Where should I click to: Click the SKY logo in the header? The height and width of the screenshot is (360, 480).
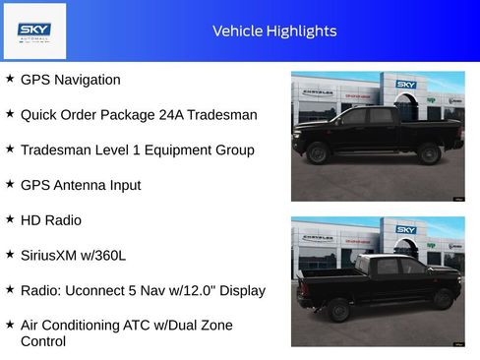click(x=34, y=30)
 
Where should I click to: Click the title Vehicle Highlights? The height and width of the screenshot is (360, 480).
click(x=274, y=30)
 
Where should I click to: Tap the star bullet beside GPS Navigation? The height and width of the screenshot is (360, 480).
click(x=10, y=78)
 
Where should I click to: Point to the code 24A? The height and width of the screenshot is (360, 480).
click(x=173, y=114)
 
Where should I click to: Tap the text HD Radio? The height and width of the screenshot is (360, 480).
click(x=50, y=220)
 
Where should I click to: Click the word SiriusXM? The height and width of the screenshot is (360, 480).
click(x=54, y=255)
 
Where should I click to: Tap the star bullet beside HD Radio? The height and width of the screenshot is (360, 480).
click(x=10, y=219)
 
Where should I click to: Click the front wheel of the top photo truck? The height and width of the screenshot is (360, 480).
click(x=428, y=152)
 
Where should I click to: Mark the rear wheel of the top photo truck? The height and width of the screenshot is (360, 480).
click(x=318, y=153)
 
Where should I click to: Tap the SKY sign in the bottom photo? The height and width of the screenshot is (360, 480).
click(x=406, y=229)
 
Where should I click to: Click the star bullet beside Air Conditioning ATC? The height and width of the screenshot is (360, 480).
click(x=10, y=324)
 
